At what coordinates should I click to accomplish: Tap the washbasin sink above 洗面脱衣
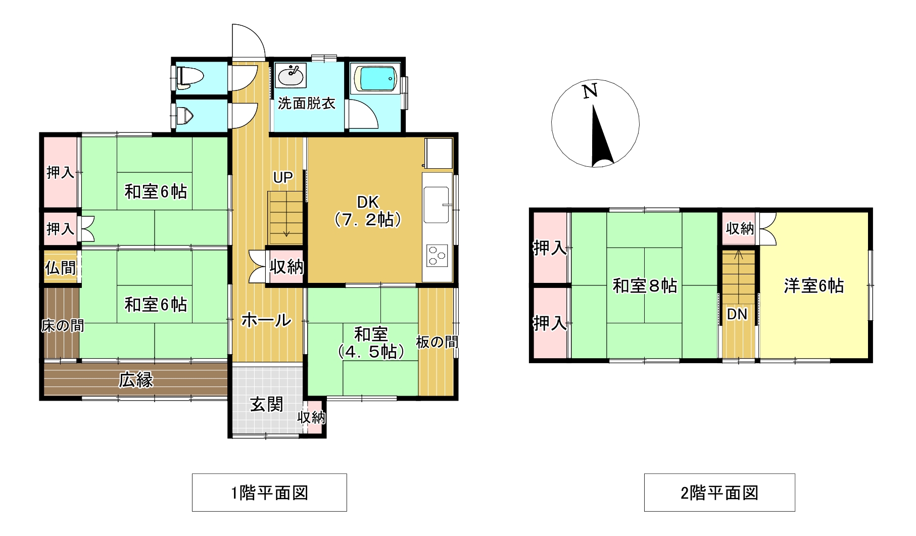point(292,76)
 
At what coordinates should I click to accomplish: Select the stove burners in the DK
point(437,255)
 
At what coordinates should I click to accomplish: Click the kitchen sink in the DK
point(437,205)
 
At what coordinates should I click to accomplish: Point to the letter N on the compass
point(590,91)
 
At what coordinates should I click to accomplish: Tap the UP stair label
point(283,177)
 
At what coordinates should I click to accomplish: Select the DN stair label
point(737,314)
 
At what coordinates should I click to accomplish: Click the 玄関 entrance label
point(267,405)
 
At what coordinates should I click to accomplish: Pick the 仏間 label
point(61,267)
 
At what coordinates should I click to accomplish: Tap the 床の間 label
point(62,326)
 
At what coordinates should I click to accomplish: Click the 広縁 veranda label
point(136,379)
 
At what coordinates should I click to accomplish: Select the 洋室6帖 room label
point(813,286)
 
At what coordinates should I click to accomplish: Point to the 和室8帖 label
point(645,286)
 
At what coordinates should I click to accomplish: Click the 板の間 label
point(437,342)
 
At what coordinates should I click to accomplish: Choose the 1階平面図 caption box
point(269,493)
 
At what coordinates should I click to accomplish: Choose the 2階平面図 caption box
point(719,493)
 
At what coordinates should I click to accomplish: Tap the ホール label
point(266,320)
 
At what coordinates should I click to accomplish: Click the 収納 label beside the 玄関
point(311,417)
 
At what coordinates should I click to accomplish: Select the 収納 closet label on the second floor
point(740,228)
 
